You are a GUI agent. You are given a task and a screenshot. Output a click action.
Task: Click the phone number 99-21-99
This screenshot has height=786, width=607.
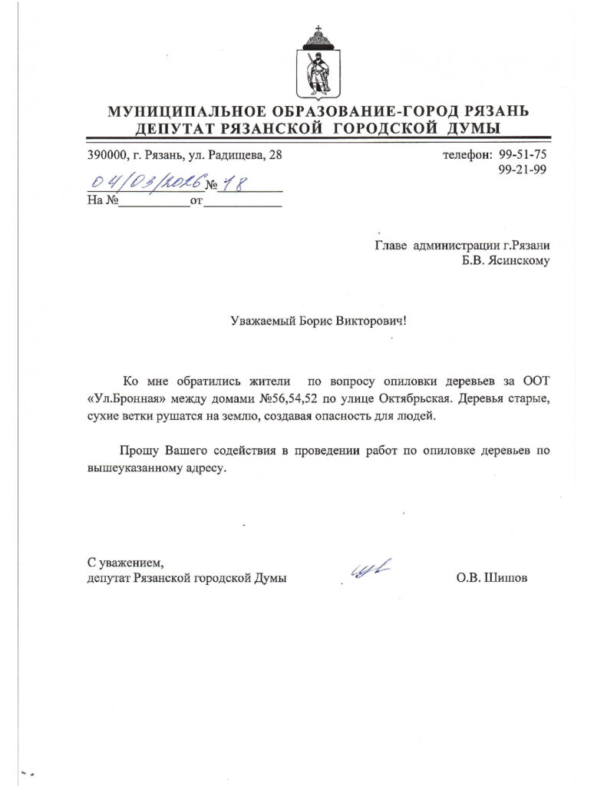[523, 170]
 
